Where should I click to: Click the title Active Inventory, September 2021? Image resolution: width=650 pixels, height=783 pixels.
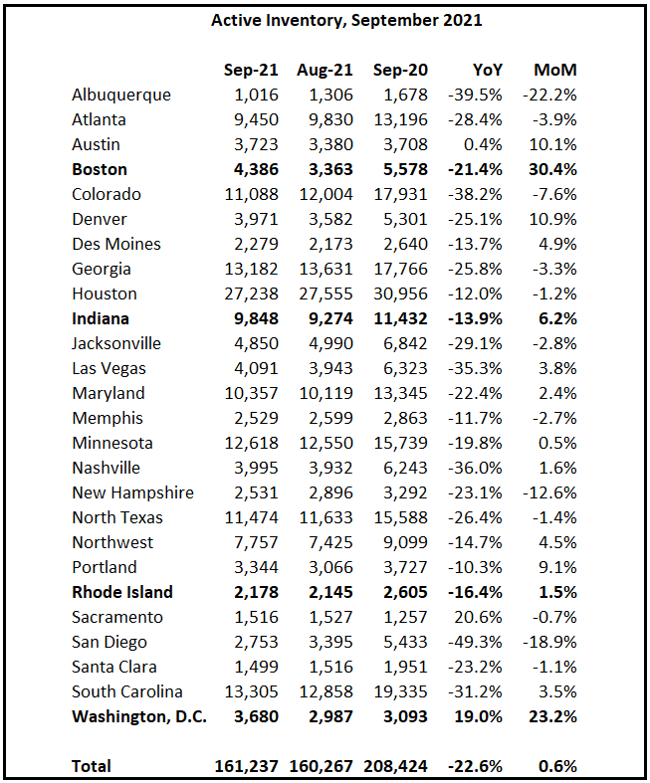pos(325,20)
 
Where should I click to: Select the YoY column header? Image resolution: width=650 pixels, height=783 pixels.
pos(487,70)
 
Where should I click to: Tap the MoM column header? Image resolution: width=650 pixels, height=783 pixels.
pos(555,70)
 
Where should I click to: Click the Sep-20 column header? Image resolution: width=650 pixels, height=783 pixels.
pos(398,70)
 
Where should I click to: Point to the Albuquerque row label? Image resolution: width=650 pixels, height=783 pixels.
pos(121,95)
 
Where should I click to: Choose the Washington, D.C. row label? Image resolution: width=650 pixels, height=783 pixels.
pos(139,716)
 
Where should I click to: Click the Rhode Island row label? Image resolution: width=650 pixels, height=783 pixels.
pos(122,592)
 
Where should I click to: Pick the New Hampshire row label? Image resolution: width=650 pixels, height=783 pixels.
pos(132,492)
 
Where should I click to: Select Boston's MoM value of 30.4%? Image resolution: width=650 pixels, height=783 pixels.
pos(550,169)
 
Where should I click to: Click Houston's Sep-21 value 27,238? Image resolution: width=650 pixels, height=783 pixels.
pos(249,294)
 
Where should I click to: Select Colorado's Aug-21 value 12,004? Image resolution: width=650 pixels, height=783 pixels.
pos(324,194)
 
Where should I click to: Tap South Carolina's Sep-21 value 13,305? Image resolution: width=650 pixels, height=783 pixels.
pos(249,691)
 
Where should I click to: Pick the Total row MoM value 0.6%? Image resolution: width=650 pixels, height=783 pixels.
pos(557,766)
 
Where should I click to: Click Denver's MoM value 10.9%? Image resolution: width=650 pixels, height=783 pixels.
pos(554,219)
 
